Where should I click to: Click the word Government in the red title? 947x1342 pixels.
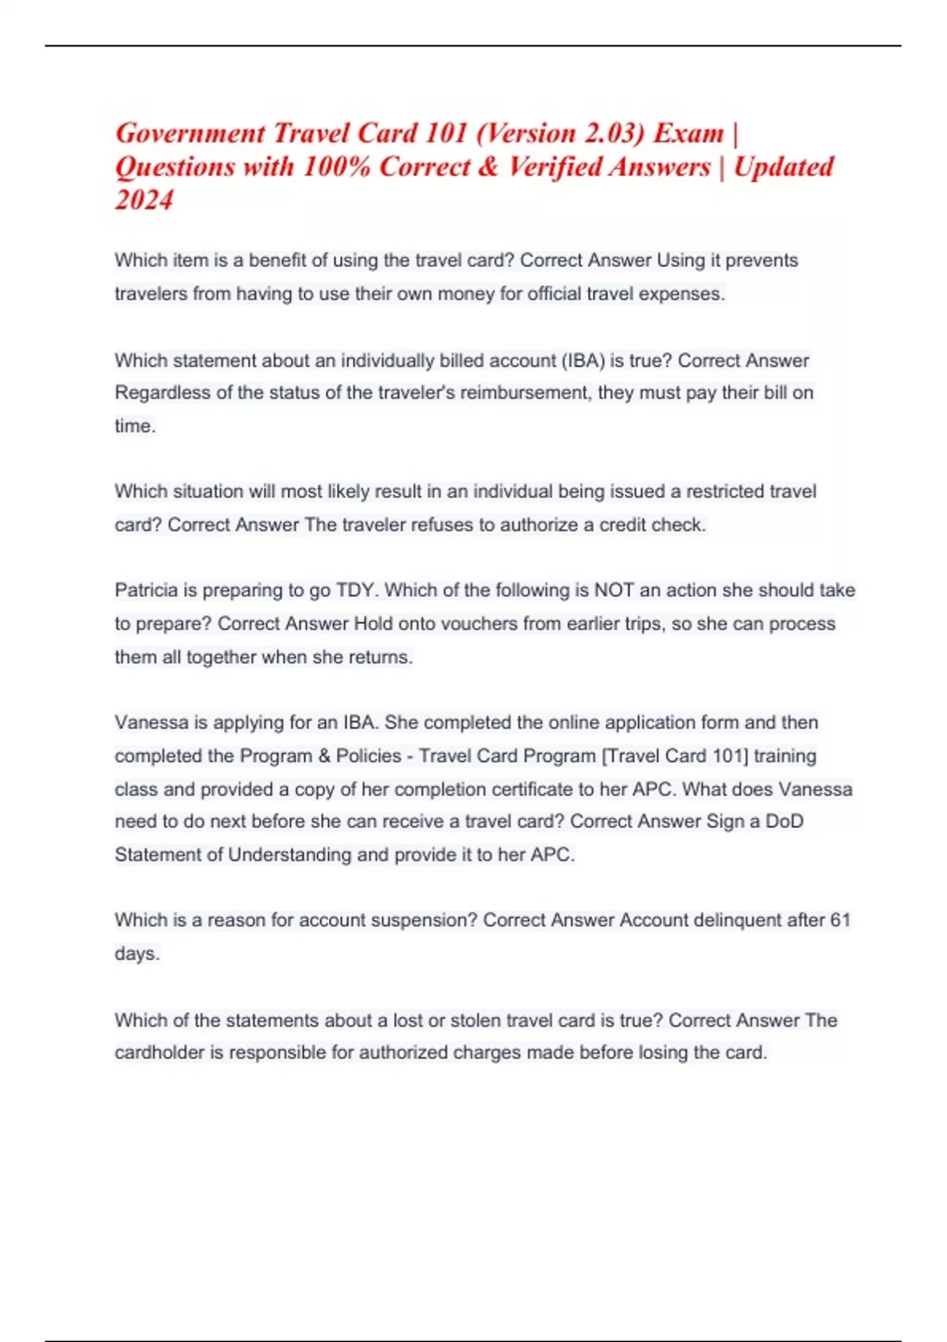190,133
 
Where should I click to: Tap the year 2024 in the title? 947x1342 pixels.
144,200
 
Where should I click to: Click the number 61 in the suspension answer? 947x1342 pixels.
840,920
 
